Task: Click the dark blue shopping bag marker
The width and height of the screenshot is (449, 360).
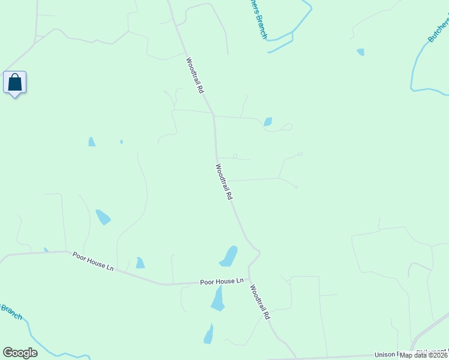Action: point(14,83)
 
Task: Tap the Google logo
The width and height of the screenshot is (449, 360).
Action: point(20,353)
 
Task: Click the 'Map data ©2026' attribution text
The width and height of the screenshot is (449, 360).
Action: point(424,355)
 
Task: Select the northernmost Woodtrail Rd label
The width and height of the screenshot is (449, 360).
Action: point(196,75)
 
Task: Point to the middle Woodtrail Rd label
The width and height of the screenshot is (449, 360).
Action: point(223,182)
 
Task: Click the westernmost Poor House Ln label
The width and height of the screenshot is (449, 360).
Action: point(93,261)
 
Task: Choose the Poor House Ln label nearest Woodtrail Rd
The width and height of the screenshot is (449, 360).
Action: point(221,281)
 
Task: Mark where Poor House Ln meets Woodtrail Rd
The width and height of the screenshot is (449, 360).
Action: point(250,281)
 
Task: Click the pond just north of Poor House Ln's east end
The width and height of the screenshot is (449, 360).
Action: point(229,256)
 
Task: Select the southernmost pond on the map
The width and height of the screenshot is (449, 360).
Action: point(208,334)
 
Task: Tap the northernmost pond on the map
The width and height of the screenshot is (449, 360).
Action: point(360,52)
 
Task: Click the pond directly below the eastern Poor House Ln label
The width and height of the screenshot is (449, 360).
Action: point(218,298)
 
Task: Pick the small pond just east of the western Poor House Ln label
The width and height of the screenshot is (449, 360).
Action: point(140,263)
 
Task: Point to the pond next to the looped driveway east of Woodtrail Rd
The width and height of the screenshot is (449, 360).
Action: point(268,122)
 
